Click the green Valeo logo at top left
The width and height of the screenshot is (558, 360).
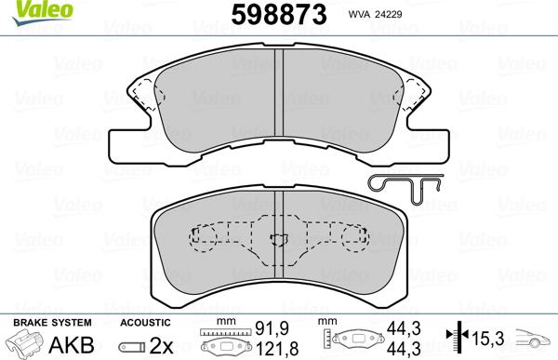(x=24, y=10)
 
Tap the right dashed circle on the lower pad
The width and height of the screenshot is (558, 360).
(x=353, y=240)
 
